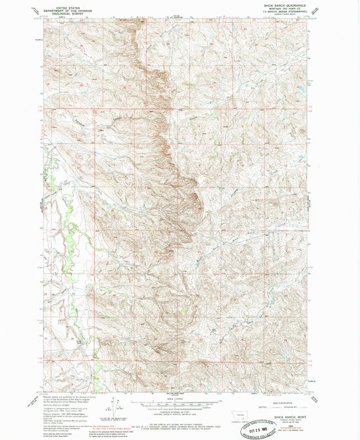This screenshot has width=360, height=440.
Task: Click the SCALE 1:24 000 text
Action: click(179, 398)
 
